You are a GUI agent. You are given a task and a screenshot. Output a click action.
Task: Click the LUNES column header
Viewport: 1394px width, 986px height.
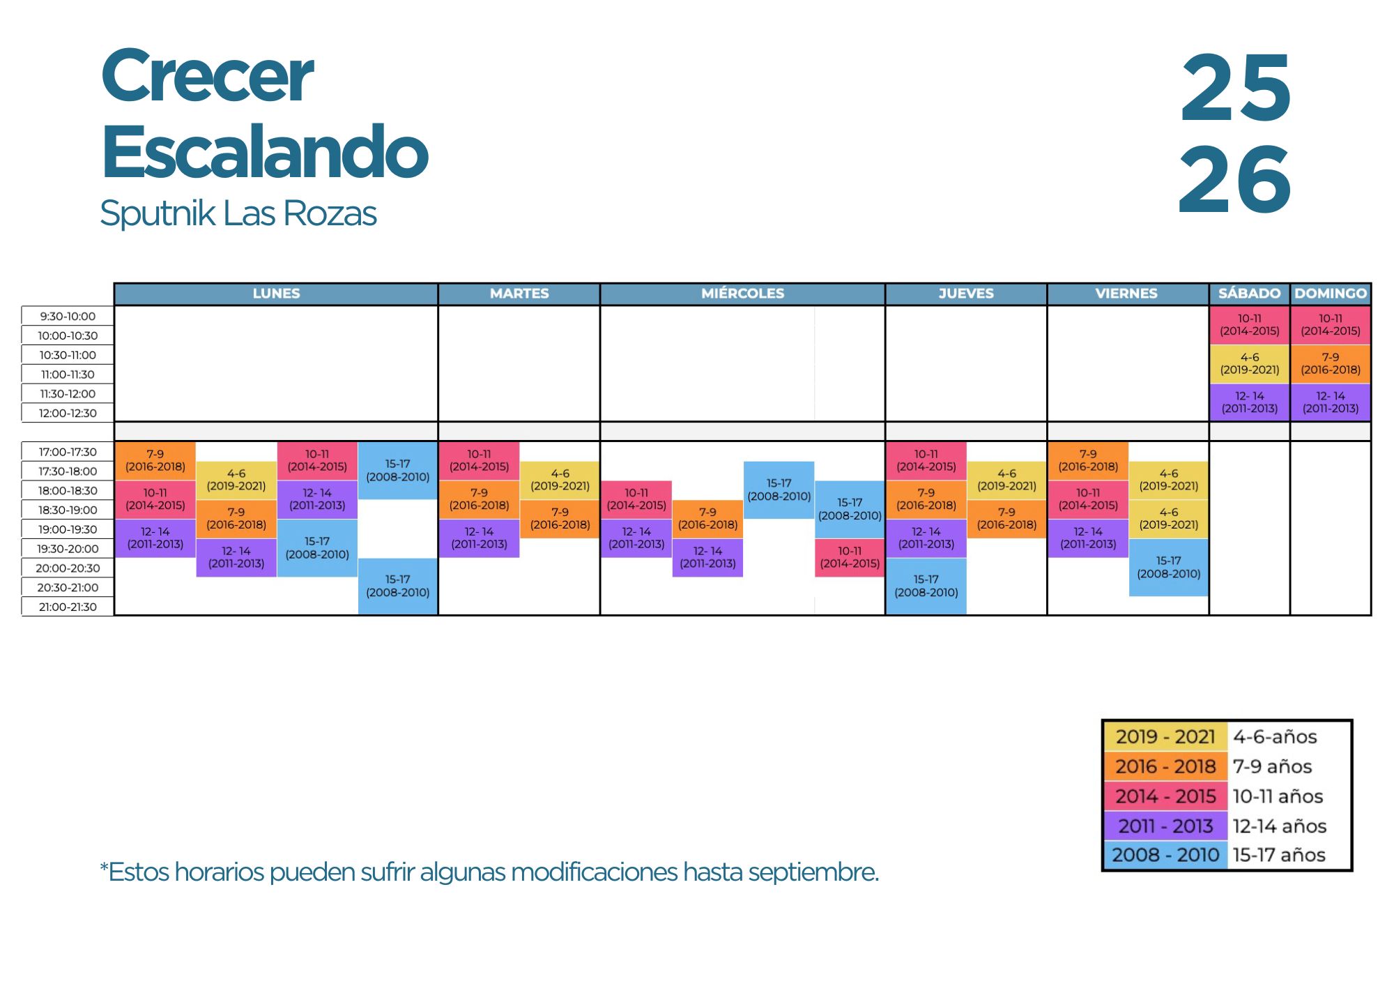pyautogui.click(x=276, y=294)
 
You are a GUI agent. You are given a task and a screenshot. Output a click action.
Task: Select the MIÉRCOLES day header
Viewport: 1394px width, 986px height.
pyautogui.click(x=742, y=294)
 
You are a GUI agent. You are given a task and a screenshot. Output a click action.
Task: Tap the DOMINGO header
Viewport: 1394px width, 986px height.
pyautogui.click(x=1331, y=294)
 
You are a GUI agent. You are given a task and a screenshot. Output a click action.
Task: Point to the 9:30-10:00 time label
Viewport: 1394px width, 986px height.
pyautogui.click(x=68, y=316)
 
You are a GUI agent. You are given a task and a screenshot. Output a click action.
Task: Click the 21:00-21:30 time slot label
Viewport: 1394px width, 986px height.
pyautogui.click(x=68, y=607)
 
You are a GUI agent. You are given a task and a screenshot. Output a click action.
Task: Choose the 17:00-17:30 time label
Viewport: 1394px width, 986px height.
pyautogui.click(x=68, y=452)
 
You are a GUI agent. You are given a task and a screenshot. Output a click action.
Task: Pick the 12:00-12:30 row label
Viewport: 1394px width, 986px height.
pyautogui.click(x=68, y=413)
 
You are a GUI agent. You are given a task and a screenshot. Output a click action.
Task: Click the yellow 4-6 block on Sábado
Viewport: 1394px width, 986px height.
pyautogui.click(x=1249, y=363)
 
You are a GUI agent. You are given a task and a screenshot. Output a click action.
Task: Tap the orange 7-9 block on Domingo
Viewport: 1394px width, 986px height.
pyautogui.click(x=1331, y=363)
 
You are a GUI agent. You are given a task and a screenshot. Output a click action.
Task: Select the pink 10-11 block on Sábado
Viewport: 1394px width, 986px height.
pyautogui.click(x=1249, y=325)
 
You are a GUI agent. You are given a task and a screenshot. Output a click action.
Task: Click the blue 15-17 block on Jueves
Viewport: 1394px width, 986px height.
pyautogui.click(x=926, y=586)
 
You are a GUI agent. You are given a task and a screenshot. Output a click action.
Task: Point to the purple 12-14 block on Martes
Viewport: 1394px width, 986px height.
pyautogui.click(x=480, y=538)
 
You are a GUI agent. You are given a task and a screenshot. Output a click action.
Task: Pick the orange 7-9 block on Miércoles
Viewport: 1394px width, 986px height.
pyautogui.click(x=707, y=519)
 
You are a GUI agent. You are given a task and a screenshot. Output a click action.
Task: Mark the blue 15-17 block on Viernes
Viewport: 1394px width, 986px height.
pyautogui.click(x=1169, y=567)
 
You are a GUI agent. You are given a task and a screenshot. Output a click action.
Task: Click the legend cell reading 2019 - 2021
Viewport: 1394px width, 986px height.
pyautogui.click(x=1165, y=736)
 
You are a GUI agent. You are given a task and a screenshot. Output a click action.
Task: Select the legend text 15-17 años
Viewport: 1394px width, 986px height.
pyautogui.click(x=1279, y=855)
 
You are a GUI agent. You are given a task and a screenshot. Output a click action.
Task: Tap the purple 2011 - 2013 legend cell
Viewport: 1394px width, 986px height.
pyautogui.click(x=1165, y=826)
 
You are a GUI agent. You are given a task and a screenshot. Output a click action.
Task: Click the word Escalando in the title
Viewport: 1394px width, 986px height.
pyautogui.click(x=265, y=151)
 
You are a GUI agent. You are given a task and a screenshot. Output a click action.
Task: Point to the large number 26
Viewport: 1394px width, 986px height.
pyautogui.click(x=1234, y=180)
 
